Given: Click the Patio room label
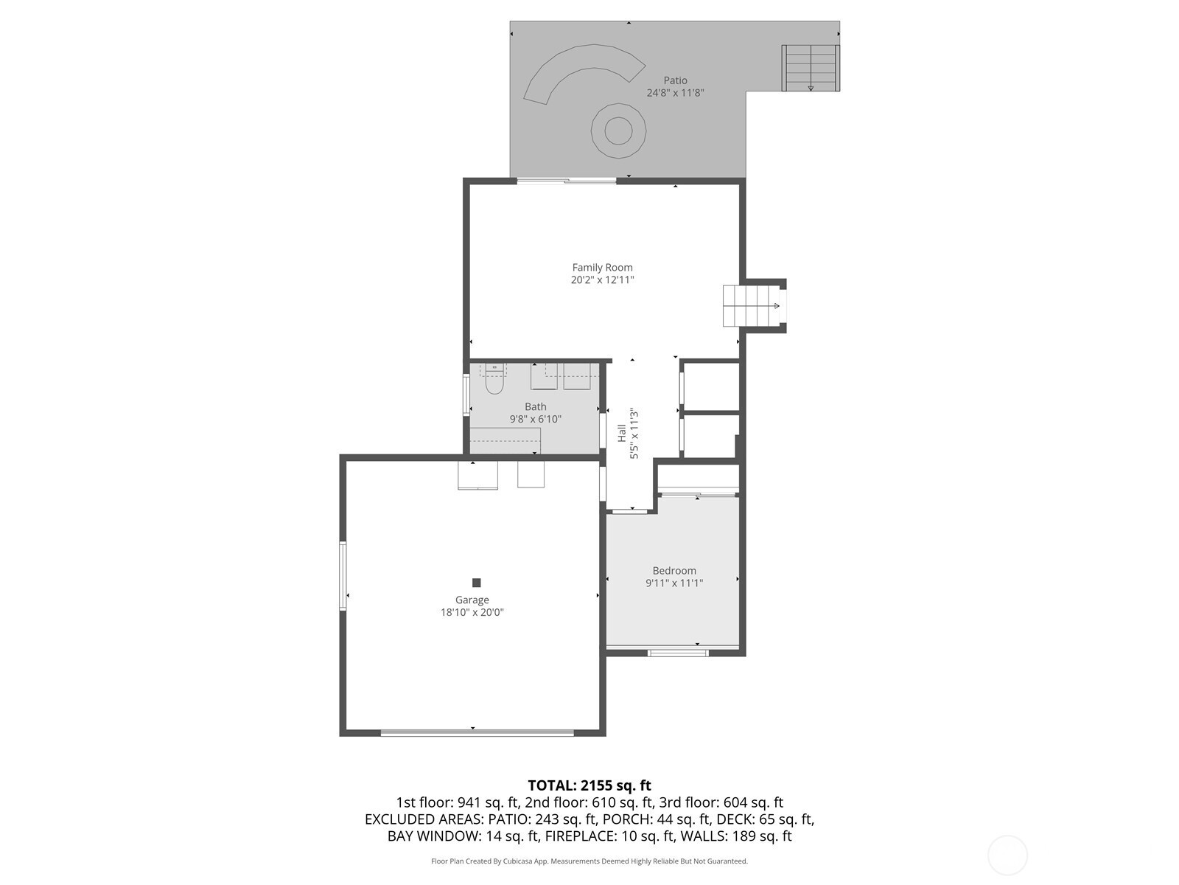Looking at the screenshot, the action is tap(675, 80).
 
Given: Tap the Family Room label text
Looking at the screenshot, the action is tap(602, 268).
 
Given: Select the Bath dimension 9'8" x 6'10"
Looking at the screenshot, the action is tap(535, 419).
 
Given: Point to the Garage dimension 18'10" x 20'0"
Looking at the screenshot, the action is tap(472, 612).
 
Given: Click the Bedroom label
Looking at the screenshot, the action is tap(674, 571).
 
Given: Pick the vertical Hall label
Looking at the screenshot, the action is tap(621, 433).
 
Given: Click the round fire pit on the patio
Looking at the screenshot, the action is tap(618, 131).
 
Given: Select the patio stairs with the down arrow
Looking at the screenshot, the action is tap(811, 69).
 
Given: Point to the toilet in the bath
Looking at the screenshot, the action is tap(494, 379).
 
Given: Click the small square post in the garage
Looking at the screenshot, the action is tap(476, 583).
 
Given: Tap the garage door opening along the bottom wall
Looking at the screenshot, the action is tap(477, 732).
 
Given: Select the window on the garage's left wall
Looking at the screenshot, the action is tap(343, 576).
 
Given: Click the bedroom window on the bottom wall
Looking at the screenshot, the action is tap(677, 653).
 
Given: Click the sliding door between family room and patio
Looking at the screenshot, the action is tap(567, 181).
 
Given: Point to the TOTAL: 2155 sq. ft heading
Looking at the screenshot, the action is tap(589, 785).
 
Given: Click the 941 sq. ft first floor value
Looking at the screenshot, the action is tap(488, 803).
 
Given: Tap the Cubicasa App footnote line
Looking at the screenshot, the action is tap(589, 861).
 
